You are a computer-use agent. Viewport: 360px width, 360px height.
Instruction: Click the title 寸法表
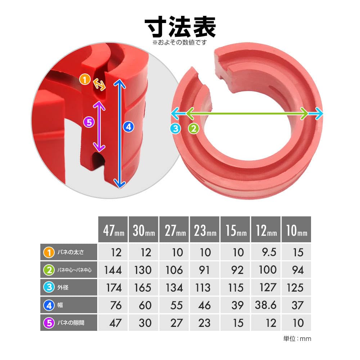click(180, 27)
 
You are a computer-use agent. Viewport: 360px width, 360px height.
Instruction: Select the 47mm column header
click(113, 229)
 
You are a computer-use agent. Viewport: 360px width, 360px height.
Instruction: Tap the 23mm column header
click(204, 229)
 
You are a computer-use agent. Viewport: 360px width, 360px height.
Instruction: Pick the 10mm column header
click(296, 229)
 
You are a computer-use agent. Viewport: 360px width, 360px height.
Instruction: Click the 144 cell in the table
click(113, 270)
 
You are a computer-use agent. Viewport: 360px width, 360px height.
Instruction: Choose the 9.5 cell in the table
click(269, 252)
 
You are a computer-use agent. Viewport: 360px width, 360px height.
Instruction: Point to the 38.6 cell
click(266, 305)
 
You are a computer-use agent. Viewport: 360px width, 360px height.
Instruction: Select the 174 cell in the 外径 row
click(114, 288)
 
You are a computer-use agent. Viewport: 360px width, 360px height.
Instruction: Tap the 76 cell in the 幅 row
click(116, 305)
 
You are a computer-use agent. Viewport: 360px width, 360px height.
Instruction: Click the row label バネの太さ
click(71, 252)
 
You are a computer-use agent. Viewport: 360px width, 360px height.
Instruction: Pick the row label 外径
click(63, 287)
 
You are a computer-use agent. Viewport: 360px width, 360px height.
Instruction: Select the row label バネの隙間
click(71, 323)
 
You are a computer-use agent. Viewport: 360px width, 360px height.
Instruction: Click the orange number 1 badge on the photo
click(85, 80)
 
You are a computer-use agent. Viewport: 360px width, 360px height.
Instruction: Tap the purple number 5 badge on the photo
click(89, 122)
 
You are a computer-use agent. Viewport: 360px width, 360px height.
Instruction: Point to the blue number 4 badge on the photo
click(129, 127)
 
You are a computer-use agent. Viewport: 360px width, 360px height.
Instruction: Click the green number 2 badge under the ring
click(194, 129)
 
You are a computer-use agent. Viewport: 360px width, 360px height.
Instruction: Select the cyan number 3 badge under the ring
click(176, 129)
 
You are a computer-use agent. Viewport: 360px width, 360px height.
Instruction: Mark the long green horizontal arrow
click(247, 113)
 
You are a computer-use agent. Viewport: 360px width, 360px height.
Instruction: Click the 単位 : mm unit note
click(297, 339)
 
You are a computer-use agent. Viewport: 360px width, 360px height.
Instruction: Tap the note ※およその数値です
click(180, 42)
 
